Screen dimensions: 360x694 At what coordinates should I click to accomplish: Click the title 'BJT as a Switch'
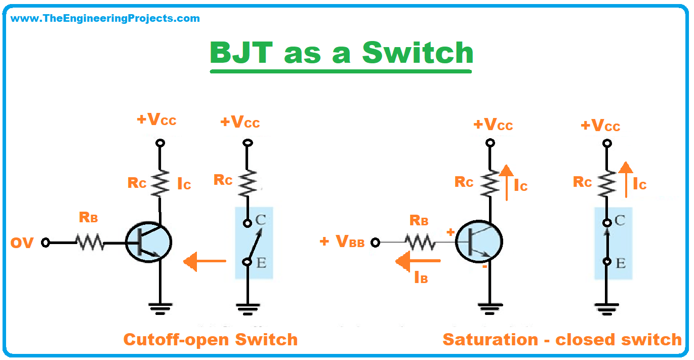(x=342, y=53)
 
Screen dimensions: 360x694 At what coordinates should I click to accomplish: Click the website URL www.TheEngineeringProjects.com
(x=105, y=19)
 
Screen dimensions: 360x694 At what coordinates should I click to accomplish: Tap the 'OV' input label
(x=22, y=243)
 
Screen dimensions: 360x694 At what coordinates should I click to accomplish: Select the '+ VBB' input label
(x=343, y=242)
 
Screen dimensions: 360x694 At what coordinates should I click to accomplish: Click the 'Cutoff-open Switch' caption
(x=211, y=339)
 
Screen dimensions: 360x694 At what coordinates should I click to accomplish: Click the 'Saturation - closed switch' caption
(x=562, y=339)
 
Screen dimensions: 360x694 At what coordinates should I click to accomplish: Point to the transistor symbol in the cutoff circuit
(x=148, y=244)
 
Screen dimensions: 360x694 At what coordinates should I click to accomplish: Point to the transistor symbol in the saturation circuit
(x=478, y=243)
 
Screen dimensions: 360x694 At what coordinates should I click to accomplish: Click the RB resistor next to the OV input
(x=90, y=243)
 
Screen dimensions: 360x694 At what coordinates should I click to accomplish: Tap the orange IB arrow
(x=418, y=261)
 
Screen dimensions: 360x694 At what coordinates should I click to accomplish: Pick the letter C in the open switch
(x=261, y=220)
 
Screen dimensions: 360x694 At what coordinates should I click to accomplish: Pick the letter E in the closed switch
(x=621, y=263)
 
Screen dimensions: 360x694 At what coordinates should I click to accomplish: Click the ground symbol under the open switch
(x=248, y=307)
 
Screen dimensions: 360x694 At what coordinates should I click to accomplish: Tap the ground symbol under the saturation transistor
(x=489, y=307)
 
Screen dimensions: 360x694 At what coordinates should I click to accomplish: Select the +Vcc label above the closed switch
(x=600, y=126)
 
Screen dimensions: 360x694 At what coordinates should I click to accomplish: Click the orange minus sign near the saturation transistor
(x=484, y=267)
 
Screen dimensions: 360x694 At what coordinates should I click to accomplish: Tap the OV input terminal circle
(x=45, y=243)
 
